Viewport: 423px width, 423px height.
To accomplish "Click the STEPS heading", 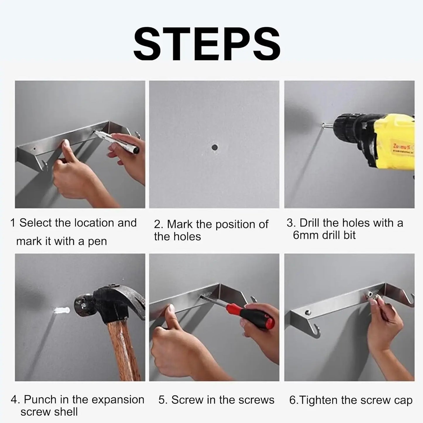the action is click(207, 44).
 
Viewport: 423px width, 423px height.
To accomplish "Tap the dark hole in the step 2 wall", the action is click(215, 147).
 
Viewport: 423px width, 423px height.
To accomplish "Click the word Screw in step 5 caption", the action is click(187, 400).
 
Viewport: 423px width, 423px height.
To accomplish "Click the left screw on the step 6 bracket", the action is click(308, 312).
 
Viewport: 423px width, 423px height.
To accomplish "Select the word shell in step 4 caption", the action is click(66, 412).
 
